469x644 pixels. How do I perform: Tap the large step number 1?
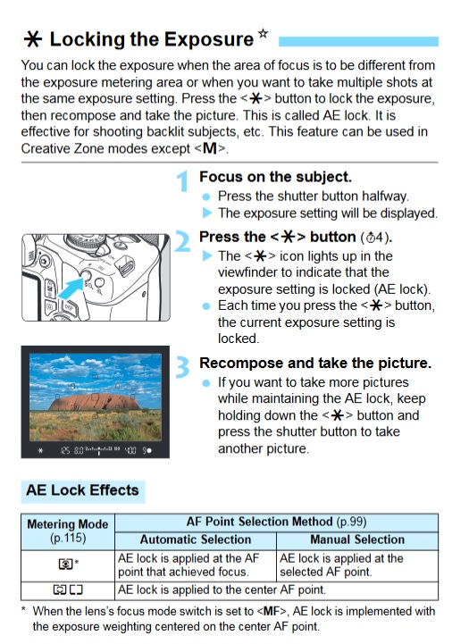click(183, 181)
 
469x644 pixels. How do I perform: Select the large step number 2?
click(182, 241)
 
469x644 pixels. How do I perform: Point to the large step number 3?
click(183, 367)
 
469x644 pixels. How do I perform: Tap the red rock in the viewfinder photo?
click(95, 402)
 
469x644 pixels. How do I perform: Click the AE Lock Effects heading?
click(82, 490)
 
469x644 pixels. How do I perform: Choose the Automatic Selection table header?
click(196, 539)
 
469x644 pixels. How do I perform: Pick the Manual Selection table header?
click(357, 539)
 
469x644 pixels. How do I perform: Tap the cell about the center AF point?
click(222, 590)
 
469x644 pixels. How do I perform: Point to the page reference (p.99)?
click(351, 522)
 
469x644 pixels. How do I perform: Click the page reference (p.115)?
click(68, 538)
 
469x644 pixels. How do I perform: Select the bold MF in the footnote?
click(272, 611)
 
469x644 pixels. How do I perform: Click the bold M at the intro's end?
click(209, 148)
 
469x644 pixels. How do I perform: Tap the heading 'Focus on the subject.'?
click(275, 177)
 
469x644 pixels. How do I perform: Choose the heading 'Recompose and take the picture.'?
click(315, 363)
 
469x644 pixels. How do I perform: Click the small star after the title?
click(264, 33)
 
